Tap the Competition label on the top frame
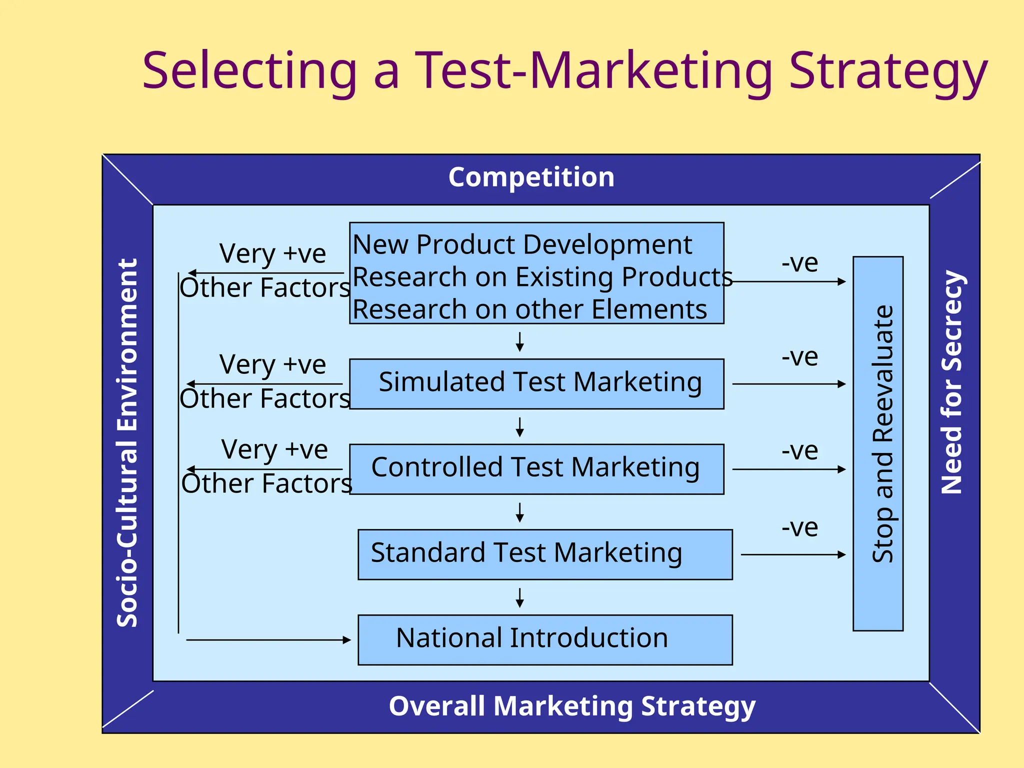pos(531,177)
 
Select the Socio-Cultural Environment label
pos(127,442)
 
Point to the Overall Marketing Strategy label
pos(572,706)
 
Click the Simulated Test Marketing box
pos(536,383)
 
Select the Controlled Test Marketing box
pos(536,469)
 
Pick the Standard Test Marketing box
pos(545,554)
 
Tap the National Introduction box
pos(545,639)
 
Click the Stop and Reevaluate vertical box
pos(878,443)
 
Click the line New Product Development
pos(522,245)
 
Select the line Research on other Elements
pos(529,309)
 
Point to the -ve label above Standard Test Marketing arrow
pos(799,527)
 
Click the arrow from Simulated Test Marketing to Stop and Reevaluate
pos(789,384)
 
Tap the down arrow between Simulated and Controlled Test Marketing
pos(520,427)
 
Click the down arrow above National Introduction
pos(520,598)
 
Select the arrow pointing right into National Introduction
pos(268,640)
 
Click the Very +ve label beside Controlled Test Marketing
pos(274,449)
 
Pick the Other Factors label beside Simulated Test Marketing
pos(265,398)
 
